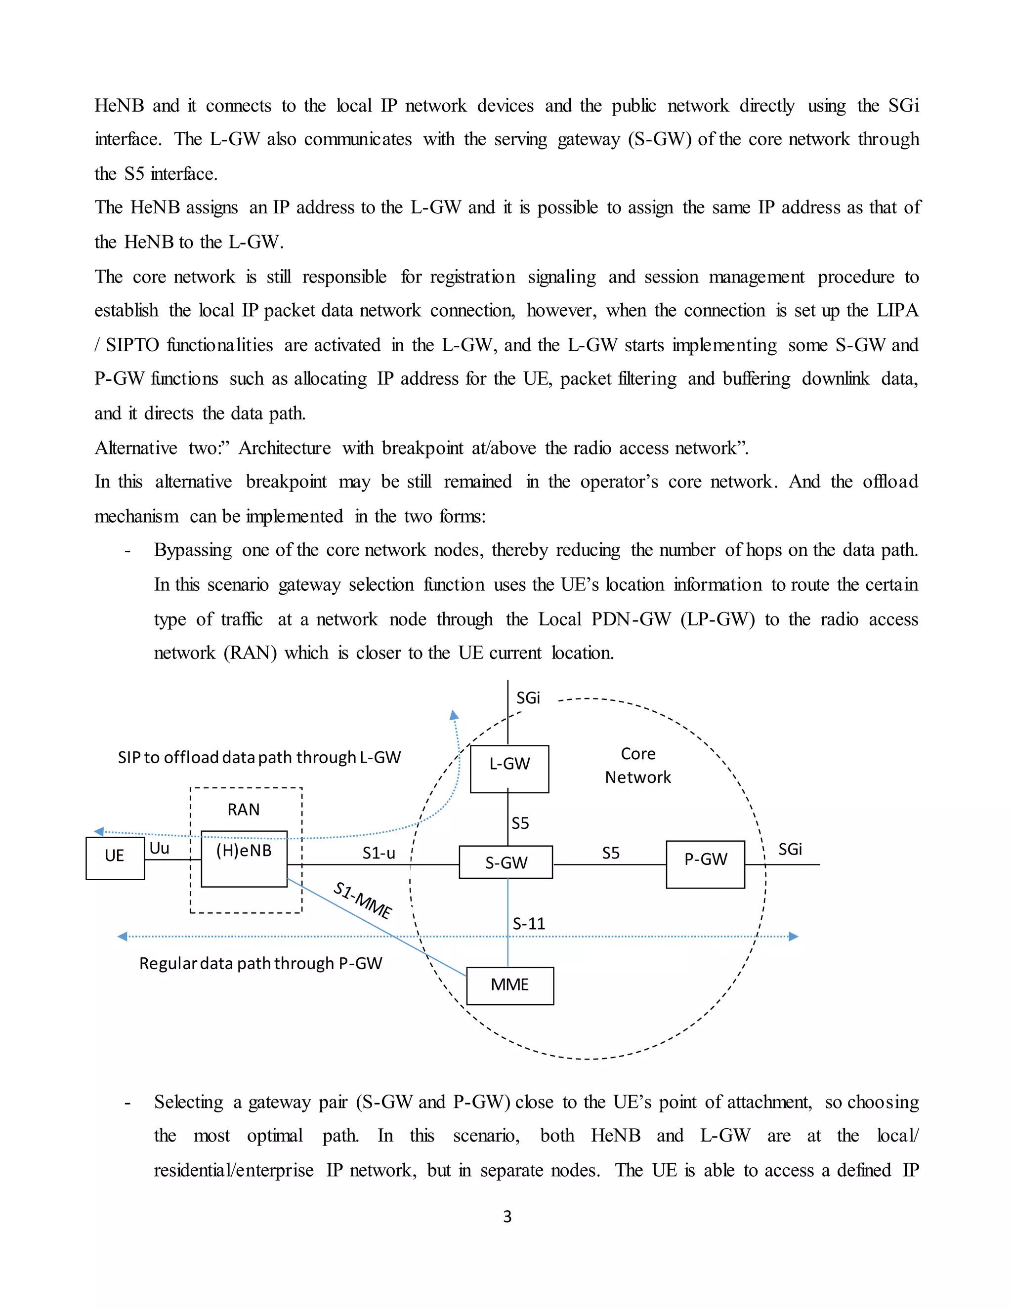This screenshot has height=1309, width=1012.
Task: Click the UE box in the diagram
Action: tap(115, 859)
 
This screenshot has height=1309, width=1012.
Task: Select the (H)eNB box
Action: tap(244, 859)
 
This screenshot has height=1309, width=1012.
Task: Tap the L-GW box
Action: tap(509, 769)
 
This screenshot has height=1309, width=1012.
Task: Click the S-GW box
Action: tap(506, 862)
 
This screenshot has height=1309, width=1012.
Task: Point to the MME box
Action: tap(509, 985)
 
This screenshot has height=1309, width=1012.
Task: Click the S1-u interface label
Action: tap(379, 853)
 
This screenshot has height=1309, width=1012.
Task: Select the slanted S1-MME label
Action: tap(363, 900)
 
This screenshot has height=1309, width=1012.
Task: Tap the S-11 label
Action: tap(529, 924)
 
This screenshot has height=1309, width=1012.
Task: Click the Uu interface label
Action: tap(160, 848)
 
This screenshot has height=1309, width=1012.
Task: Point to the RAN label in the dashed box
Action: tap(244, 810)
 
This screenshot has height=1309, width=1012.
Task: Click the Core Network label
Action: tap(638, 765)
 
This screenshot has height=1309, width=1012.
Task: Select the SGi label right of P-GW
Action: tap(790, 849)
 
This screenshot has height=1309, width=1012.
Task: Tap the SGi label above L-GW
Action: tap(528, 697)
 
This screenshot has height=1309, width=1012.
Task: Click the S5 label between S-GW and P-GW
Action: tap(610, 853)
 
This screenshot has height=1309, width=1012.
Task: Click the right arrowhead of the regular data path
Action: tap(793, 936)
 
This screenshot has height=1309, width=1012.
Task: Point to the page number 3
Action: tap(507, 1216)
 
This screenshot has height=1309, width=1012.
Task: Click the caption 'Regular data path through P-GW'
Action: tap(261, 963)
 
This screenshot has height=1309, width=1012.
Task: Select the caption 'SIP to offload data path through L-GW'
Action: tap(259, 758)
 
